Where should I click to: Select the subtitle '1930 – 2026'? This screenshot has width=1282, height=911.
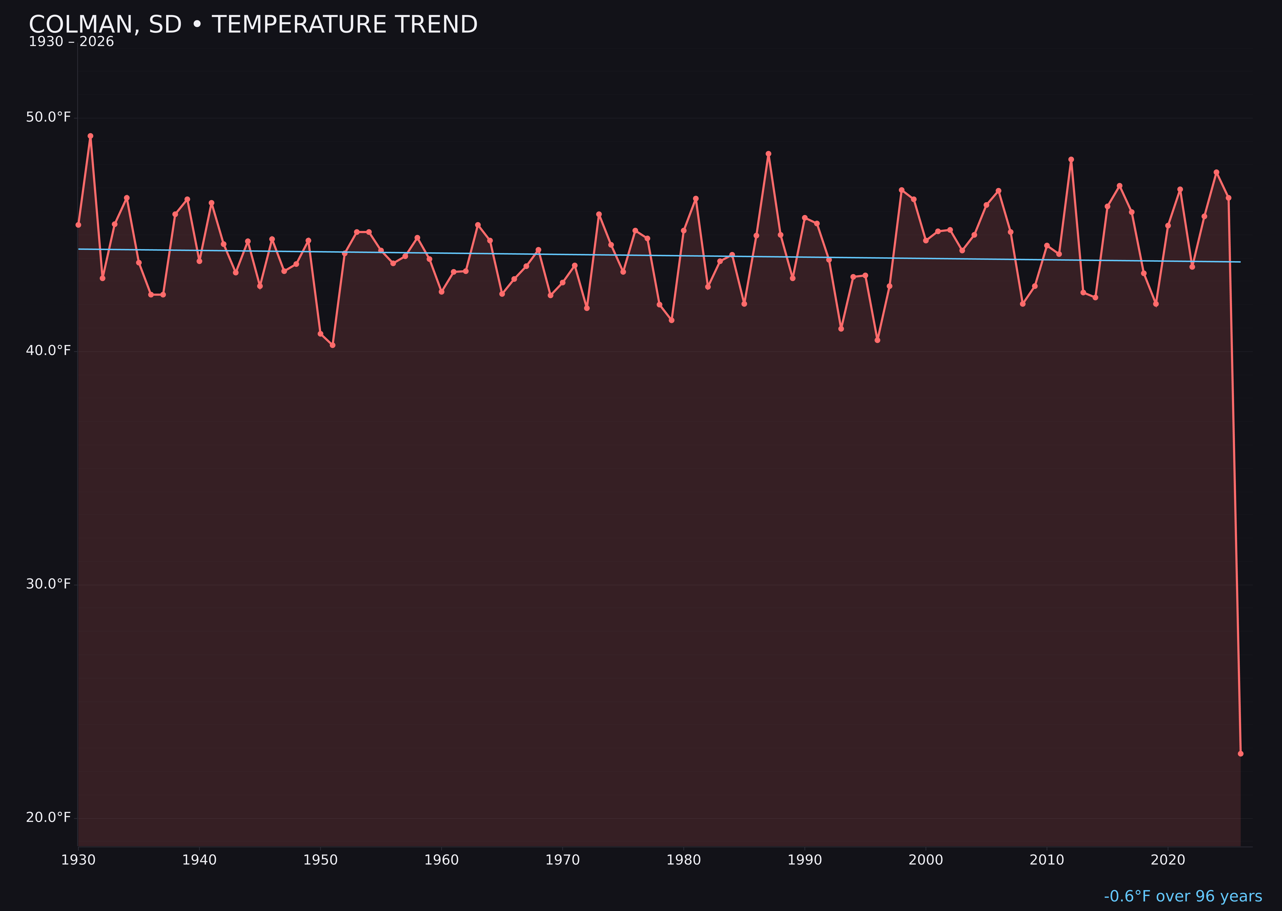pos(71,42)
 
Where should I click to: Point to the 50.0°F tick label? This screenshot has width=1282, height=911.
pos(48,117)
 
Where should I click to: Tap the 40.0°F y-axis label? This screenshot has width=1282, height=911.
pos(48,351)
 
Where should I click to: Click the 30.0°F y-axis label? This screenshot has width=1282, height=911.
pos(48,584)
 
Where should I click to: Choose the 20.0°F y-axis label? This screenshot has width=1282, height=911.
pos(48,817)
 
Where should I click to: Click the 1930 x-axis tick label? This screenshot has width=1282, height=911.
pos(78,860)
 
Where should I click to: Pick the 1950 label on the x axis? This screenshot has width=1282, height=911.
pos(320,860)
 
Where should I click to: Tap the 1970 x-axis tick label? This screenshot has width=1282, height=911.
pos(562,860)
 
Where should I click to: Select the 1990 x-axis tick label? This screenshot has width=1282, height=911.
pos(804,860)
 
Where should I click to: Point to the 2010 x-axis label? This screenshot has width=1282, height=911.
pos(1047,860)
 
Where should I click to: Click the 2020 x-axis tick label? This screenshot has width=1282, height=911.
pos(1168,860)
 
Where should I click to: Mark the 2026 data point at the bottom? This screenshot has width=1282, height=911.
pos(1240,753)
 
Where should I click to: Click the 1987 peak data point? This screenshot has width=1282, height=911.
pos(769,154)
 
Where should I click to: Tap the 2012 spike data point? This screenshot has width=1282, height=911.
pos(1071,159)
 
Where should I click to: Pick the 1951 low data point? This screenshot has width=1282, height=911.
pos(332,345)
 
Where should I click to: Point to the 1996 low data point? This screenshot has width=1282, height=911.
pos(877,340)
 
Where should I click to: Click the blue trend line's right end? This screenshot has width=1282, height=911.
pos(1240,262)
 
